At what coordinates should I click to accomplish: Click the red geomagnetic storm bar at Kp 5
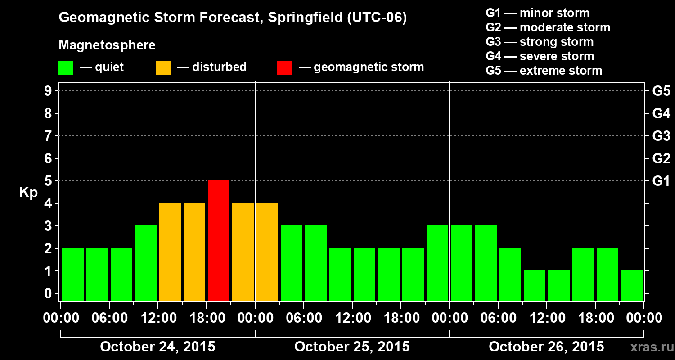coord(219,240)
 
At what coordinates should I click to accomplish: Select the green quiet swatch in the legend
coord(66,68)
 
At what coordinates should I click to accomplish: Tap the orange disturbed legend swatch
coord(163,68)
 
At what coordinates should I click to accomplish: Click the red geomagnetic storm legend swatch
coord(284,68)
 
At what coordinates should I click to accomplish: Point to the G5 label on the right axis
coord(661,91)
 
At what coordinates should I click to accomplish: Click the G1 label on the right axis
coord(661,181)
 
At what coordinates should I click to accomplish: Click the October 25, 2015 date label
coord(352,347)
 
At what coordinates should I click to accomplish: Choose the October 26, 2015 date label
coord(546,347)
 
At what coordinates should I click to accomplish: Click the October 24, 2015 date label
coord(157,347)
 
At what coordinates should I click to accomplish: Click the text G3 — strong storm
coord(540,42)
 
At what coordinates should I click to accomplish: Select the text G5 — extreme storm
coord(544,71)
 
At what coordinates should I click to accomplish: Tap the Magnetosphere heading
coord(107,45)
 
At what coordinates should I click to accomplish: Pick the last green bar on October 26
coord(632,285)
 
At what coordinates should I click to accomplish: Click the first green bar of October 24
coord(73,274)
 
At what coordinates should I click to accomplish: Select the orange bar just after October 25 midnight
coord(267,252)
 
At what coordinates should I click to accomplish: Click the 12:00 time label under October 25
coord(352,318)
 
